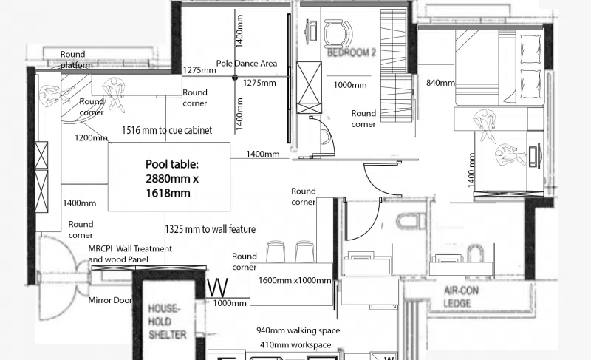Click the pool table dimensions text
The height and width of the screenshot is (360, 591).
172,179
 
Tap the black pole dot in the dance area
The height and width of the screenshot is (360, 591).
235,78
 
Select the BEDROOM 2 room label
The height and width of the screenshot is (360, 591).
352,52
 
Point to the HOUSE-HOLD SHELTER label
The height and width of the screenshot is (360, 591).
168,322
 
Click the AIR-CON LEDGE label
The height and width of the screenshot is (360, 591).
457,296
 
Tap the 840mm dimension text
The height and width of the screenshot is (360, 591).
440,83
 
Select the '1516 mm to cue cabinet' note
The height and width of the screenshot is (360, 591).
167,130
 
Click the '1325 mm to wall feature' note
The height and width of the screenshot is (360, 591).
211,229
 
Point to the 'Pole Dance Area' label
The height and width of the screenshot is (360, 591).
247,64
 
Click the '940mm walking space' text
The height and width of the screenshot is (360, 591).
298,330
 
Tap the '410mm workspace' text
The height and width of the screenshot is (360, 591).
295,345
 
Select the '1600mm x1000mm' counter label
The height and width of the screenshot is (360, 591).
295,280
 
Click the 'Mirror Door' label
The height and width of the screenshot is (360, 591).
110,300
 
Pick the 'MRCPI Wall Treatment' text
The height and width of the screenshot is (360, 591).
130,249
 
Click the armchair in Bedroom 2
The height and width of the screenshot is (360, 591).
338,32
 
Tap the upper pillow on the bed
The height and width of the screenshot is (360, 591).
530,49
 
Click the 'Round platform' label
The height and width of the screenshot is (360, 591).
77,60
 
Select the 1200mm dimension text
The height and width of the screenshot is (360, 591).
91,138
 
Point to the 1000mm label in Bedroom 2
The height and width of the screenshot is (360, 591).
349,85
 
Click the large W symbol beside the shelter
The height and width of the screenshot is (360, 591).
218,288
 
